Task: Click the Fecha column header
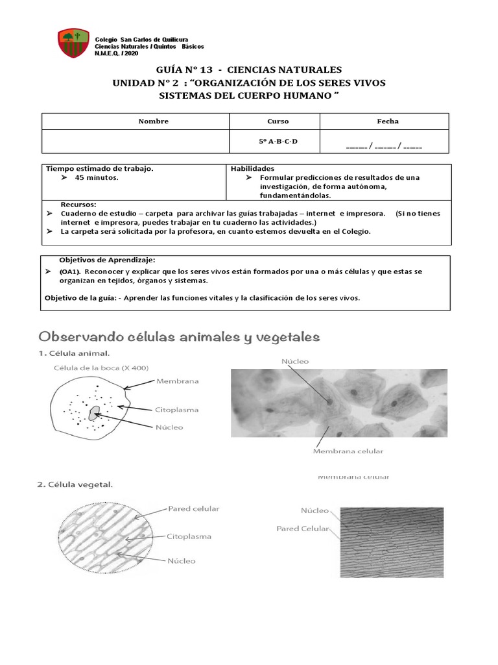(x=388, y=121)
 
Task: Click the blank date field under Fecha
(x=384, y=147)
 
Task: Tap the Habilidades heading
(x=252, y=168)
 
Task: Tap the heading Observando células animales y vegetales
(x=180, y=336)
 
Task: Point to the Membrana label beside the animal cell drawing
(x=177, y=381)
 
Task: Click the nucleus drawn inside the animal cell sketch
(x=95, y=413)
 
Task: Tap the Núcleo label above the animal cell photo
(x=295, y=361)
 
